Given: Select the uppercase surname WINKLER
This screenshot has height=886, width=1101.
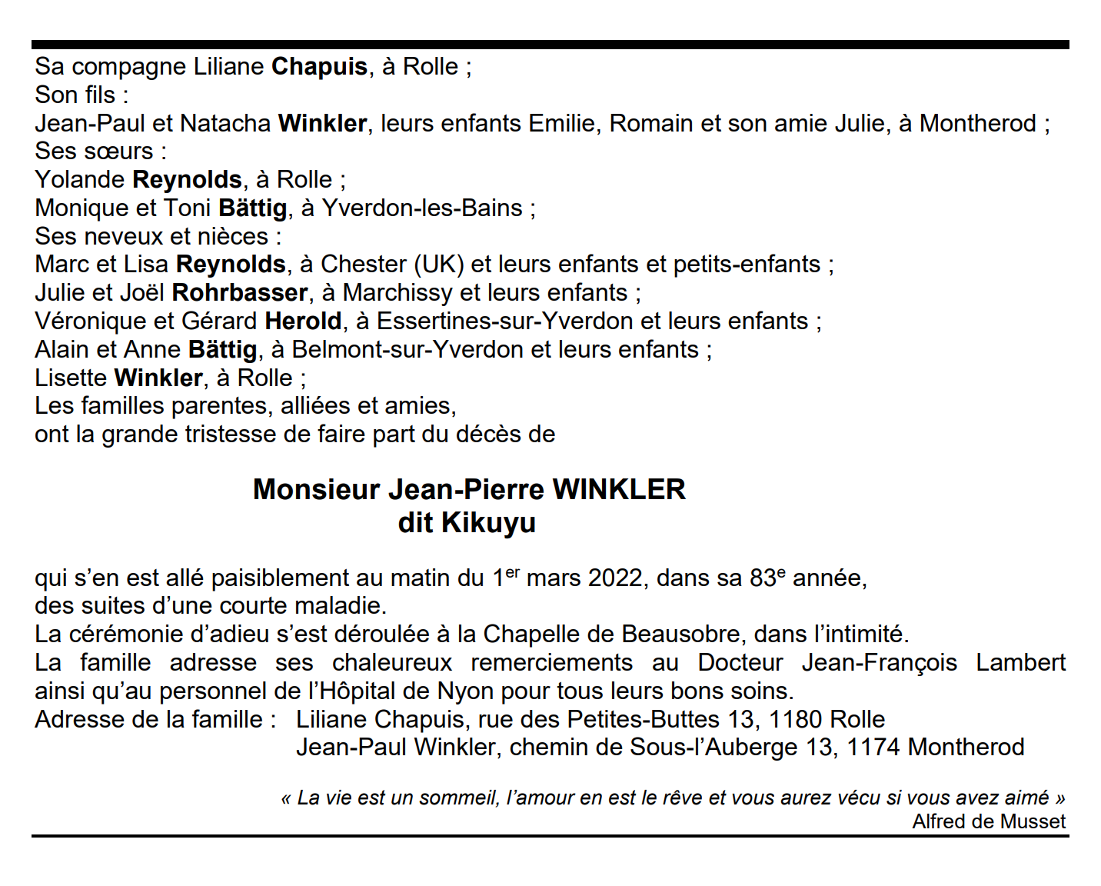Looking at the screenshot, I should [x=618, y=490].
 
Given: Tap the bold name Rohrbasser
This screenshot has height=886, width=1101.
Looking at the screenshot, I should [x=240, y=293].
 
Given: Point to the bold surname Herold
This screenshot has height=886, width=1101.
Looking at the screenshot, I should [x=303, y=321].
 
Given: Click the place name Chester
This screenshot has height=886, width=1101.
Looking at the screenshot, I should [x=364, y=265].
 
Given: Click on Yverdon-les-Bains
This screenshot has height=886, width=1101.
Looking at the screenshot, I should [x=422, y=208].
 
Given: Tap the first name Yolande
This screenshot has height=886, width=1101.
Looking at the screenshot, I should [x=80, y=180].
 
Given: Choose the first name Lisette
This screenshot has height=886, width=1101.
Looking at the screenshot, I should [x=71, y=378].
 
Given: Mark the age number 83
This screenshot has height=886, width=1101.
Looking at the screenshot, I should [x=762, y=578].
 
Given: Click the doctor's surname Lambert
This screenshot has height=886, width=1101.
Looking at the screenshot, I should [x=1020, y=663].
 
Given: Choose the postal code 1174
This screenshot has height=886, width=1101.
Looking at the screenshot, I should [x=873, y=748].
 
